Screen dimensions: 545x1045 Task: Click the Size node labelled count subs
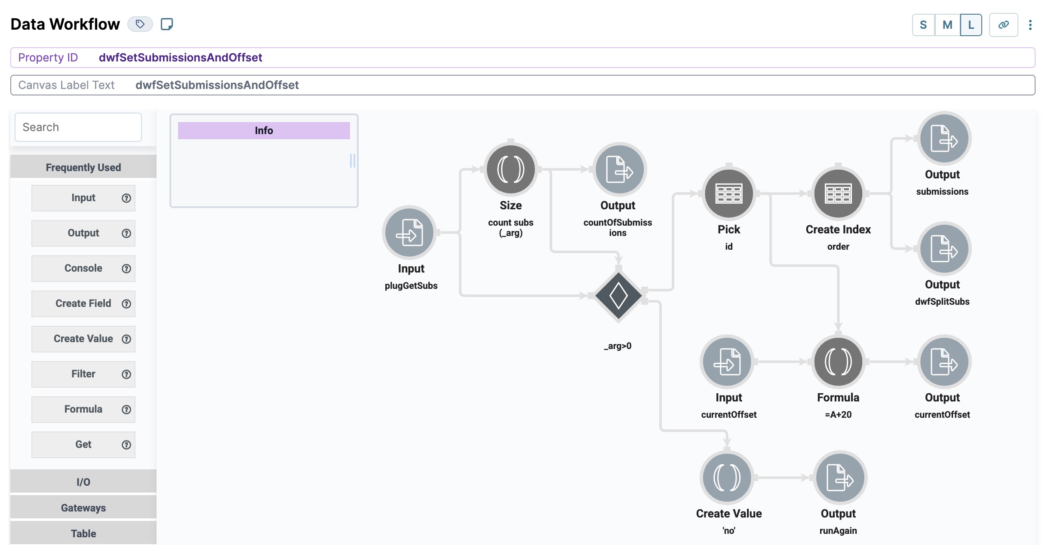click(x=510, y=169)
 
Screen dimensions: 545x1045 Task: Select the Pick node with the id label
click(x=728, y=193)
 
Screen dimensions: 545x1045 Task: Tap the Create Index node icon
click(x=838, y=193)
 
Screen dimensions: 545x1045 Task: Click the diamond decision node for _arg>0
click(x=618, y=296)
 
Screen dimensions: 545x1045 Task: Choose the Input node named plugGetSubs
click(x=409, y=233)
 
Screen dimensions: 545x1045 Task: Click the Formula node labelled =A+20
click(x=838, y=362)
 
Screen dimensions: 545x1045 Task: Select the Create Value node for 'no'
click(x=727, y=478)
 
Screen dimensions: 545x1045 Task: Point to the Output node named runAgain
click(x=839, y=478)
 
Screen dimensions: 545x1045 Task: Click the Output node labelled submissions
click(x=944, y=138)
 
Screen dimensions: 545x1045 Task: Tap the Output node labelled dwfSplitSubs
click(x=944, y=248)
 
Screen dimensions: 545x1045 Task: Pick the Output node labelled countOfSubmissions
click(x=619, y=169)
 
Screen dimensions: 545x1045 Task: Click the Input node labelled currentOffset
click(x=727, y=362)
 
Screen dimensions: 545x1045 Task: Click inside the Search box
click(x=78, y=127)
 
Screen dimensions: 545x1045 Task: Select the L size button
click(x=971, y=25)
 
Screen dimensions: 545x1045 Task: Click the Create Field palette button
click(x=83, y=303)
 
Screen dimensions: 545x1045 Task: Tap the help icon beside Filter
click(x=126, y=374)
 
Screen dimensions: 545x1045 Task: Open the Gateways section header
click(x=83, y=508)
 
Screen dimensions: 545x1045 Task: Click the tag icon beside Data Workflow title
click(x=140, y=24)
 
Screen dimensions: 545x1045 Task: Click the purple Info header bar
click(x=264, y=131)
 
